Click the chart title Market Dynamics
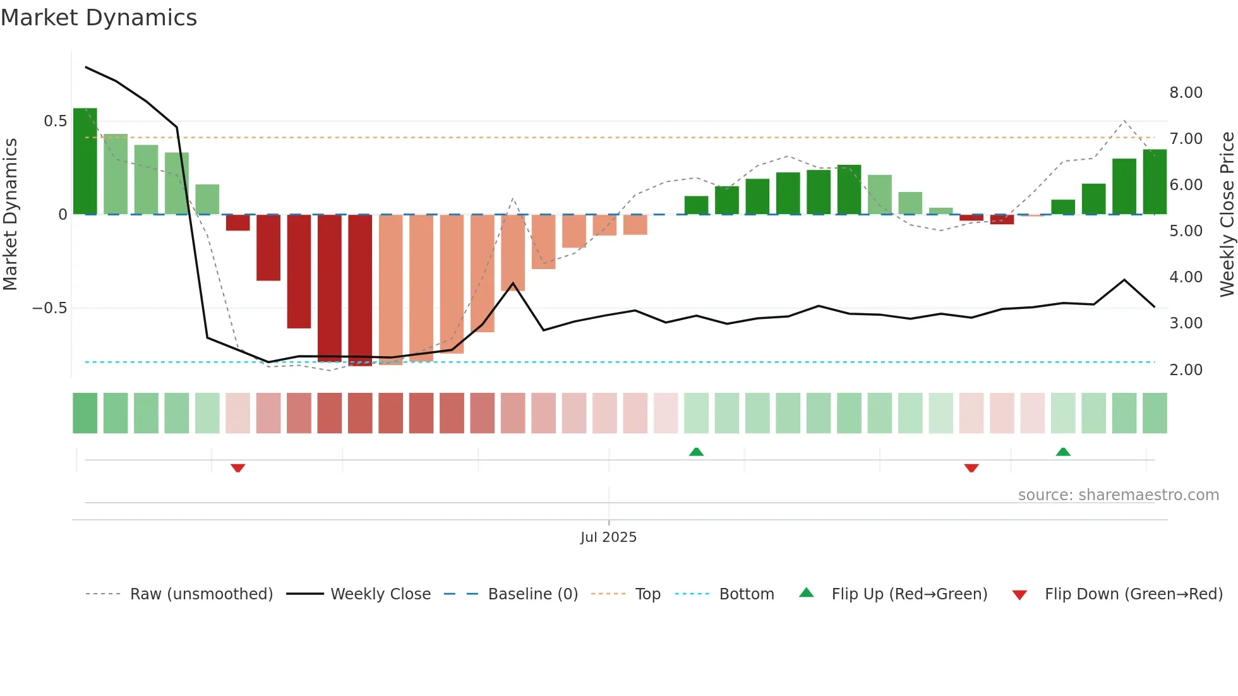point(99,18)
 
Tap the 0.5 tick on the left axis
point(55,121)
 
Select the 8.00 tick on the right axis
point(1186,93)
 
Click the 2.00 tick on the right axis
point(1186,370)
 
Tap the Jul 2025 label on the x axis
point(608,537)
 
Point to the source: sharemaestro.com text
point(1118,495)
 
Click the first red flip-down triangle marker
point(237,468)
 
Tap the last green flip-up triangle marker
point(1063,452)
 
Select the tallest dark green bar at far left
point(85,161)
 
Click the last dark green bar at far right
point(1155,182)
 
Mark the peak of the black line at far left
point(87,67)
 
